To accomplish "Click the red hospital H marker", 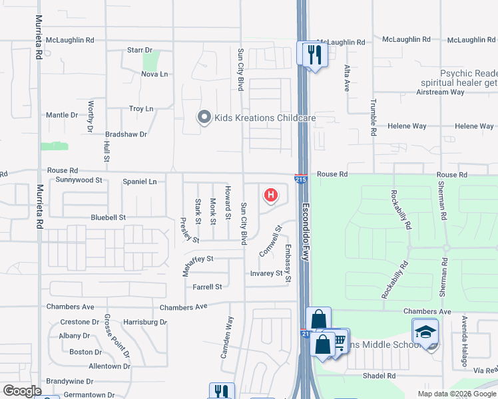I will click(271, 195).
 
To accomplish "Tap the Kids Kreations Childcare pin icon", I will click(204, 118).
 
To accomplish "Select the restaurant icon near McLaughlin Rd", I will click(314, 53).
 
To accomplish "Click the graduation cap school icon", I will click(425, 331).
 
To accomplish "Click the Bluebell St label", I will click(109, 217).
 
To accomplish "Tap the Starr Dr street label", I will click(140, 51).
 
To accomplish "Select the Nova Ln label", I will click(154, 74).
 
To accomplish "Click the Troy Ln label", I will click(140, 109).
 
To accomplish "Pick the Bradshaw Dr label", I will click(124, 134).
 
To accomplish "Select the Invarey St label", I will click(266, 273).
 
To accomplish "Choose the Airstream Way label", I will click(459, 92).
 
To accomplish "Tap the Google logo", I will click(22, 392).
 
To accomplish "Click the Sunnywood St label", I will click(79, 180).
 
